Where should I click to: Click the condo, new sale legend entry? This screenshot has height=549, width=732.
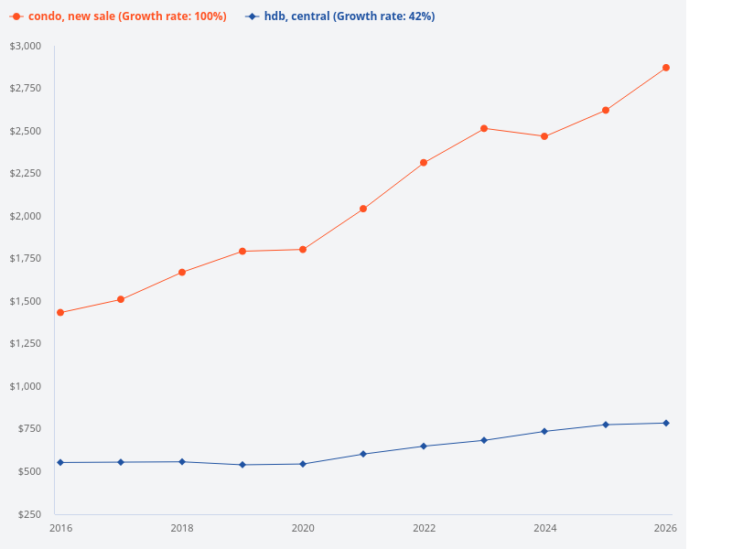click(x=119, y=16)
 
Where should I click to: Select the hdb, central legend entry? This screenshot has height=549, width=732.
click(x=340, y=16)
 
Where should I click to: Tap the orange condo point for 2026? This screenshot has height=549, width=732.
click(x=665, y=68)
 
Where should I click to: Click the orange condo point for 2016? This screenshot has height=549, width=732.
click(x=60, y=313)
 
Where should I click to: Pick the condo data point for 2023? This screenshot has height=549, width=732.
click(x=484, y=128)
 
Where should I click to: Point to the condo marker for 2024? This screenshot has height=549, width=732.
click(x=544, y=136)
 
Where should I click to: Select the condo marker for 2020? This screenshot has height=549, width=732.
click(x=303, y=250)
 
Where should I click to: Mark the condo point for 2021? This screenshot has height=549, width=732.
click(x=363, y=209)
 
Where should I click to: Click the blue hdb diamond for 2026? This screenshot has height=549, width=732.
click(x=665, y=423)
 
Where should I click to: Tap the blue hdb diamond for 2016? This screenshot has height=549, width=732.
click(x=60, y=462)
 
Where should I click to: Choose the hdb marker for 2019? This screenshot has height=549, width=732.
click(x=242, y=465)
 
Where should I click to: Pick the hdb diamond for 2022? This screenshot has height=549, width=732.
click(x=424, y=446)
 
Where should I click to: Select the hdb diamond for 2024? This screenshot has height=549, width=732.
click(x=544, y=431)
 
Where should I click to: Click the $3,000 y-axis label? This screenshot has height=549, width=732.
click(x=26, y=46)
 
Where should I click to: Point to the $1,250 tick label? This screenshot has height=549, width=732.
click(x=26, y=344)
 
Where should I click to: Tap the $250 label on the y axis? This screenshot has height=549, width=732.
click(x=28, y=514)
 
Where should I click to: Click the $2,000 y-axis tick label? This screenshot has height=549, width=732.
click(x=26, y=216)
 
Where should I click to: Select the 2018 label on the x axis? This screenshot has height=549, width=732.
click(x=182, y=529)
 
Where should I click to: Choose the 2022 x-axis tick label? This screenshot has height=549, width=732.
click(x=424, y=529)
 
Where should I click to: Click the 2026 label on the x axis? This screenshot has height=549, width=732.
click(x=664, y=529)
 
